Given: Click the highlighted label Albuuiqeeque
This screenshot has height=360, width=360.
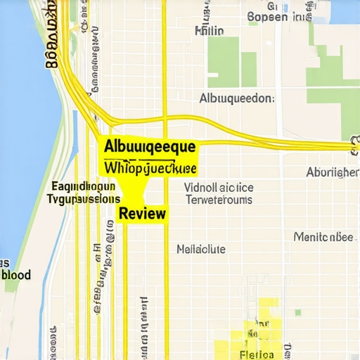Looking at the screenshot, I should coord(151,147).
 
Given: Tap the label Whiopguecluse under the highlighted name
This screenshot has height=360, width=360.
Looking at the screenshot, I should coord(151,169).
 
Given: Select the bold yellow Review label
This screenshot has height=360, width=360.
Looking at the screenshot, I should coord(143,213).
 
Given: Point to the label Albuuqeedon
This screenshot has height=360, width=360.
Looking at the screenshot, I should coord(237,98).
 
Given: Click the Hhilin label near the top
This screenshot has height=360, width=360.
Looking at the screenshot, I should coord(209,31).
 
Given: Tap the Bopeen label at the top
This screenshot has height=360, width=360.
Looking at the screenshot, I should coord(268,16).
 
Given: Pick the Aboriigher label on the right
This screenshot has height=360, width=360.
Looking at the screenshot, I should coord(333,172).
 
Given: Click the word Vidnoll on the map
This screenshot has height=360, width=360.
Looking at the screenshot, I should coord(203,188).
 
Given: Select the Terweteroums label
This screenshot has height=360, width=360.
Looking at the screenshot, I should coord(219,200).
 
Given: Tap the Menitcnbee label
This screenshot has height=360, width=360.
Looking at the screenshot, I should coord(323,237).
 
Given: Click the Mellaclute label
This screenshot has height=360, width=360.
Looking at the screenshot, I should coord(201,249).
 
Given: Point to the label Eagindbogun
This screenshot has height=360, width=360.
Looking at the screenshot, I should coord(84,187).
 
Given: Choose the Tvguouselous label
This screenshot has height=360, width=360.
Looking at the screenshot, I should coord(83,199).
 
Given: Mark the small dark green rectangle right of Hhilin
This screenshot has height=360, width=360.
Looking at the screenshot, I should coord(249,69).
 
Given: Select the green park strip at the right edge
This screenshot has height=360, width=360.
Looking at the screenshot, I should coord(350,105).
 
